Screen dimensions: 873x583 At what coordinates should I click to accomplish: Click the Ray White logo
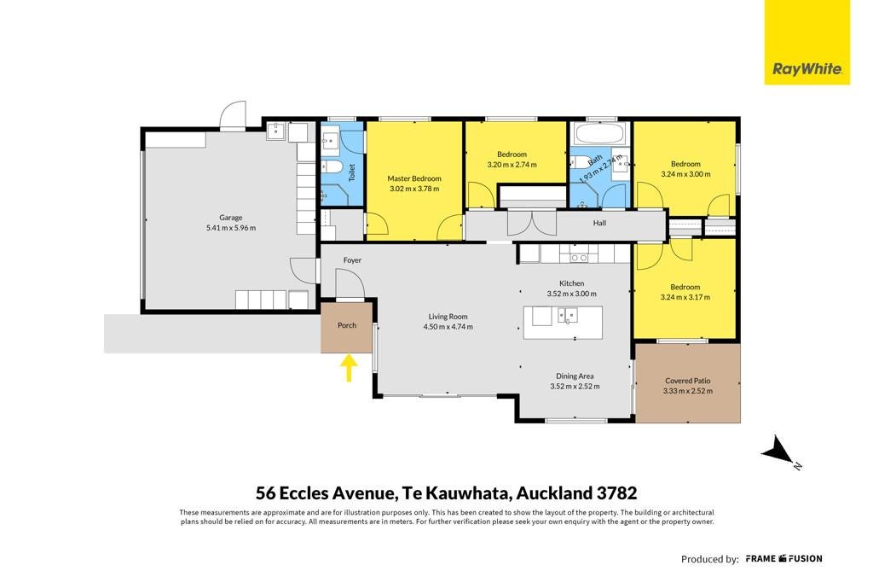(x=807, y=43)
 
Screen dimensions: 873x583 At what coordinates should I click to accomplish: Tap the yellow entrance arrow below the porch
(x=349, y=369)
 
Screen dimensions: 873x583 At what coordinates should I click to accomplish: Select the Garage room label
(x=230, y=218)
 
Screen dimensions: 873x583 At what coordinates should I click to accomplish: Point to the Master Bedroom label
(x=414, y=179)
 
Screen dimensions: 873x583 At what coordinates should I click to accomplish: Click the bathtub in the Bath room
(x=600, y=134)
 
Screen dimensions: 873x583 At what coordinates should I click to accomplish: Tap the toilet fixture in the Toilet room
(x=333, y=166)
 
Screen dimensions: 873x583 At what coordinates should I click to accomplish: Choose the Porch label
(x=347, y=325)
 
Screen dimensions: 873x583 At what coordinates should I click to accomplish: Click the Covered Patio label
(x=688, y=382)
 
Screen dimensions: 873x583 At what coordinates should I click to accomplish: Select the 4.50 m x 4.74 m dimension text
(x=448, y=327)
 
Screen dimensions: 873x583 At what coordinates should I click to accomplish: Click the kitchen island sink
(x=568, y=316)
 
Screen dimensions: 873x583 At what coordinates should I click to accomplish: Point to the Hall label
(x=599, y=223)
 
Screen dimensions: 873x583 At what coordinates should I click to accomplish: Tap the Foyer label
(x=352, y=260)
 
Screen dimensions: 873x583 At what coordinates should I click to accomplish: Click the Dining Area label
(x=575, y=376)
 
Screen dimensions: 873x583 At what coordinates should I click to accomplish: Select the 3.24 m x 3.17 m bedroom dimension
(x=685, y=298)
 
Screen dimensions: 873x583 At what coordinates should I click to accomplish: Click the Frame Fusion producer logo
(x=784, y=558)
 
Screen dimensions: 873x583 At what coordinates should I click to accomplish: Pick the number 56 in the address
(x=265, y=493)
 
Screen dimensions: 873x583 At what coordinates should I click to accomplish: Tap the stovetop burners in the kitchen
(x=579, y=258)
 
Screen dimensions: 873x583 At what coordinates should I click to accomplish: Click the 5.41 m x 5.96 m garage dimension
(x=231, y=228)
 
